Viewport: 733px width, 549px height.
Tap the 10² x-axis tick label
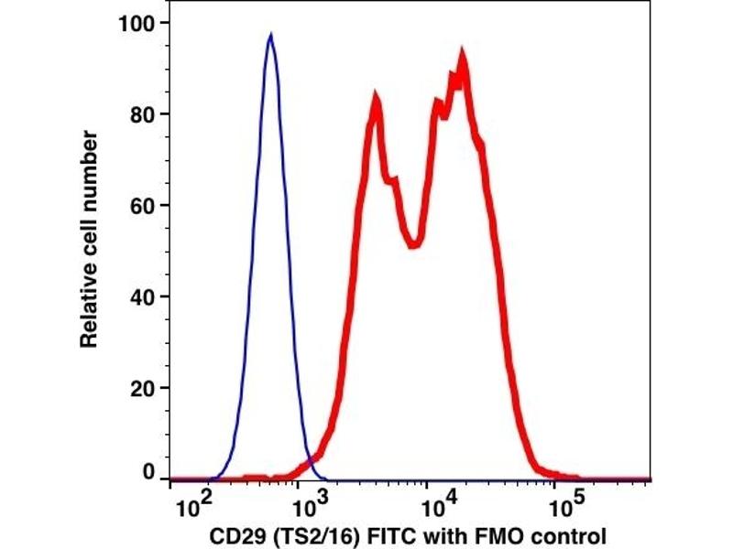(x=191, y=504)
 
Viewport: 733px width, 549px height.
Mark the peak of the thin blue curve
(x=270, y=36)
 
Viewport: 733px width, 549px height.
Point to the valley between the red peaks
(x=415, y=243)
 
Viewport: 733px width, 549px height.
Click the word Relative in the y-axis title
(x=89, y=307)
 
